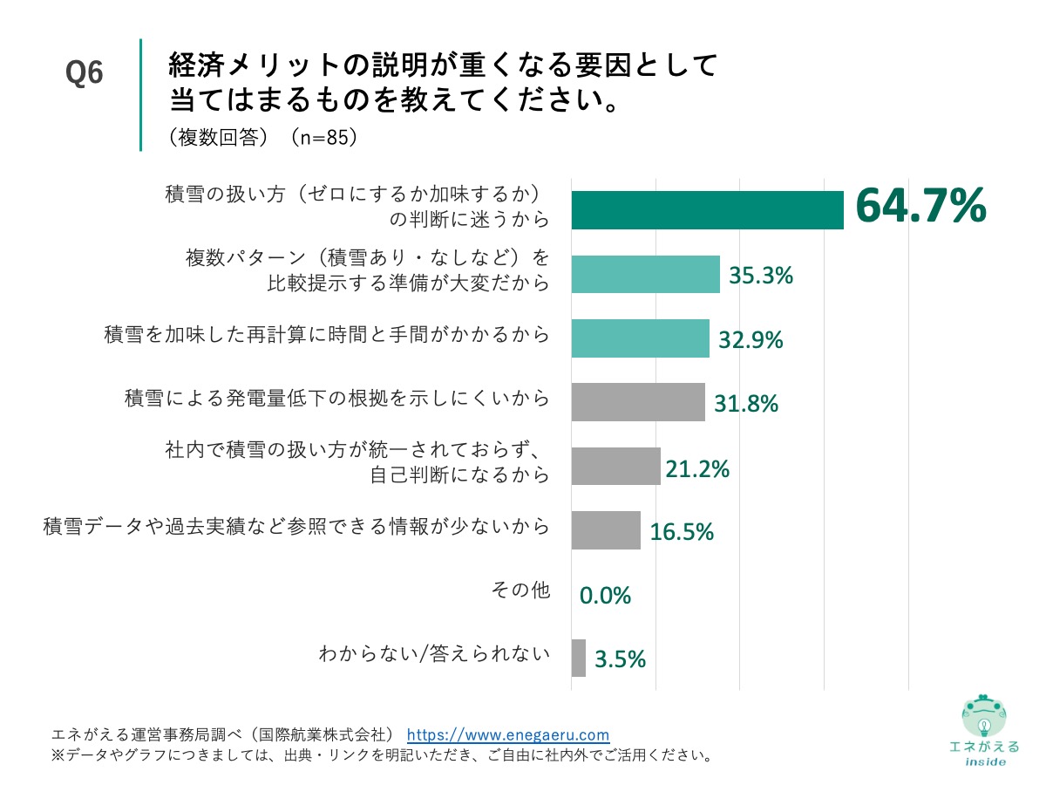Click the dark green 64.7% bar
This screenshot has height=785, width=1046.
click(x=707, y=209)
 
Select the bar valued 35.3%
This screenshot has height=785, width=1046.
click(x=645, y=274)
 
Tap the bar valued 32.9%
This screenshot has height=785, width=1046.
click(x=640, y=338)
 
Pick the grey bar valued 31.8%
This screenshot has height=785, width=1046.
click(x=637, y=402)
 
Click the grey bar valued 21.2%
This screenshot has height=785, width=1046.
click(x=615, y=467)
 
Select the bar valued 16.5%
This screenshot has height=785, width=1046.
click(x=606, y=530)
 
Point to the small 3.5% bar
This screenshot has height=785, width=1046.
click(x=578, y=659)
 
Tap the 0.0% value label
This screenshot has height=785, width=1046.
click(x=605, y=596)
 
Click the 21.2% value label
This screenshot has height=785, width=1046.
click(x=696, y=469)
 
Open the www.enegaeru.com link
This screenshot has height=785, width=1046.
click(x=508, y=734)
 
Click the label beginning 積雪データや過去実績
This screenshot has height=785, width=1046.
click(x=296, y=526)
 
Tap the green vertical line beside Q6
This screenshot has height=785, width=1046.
click(x=140, y=94)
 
